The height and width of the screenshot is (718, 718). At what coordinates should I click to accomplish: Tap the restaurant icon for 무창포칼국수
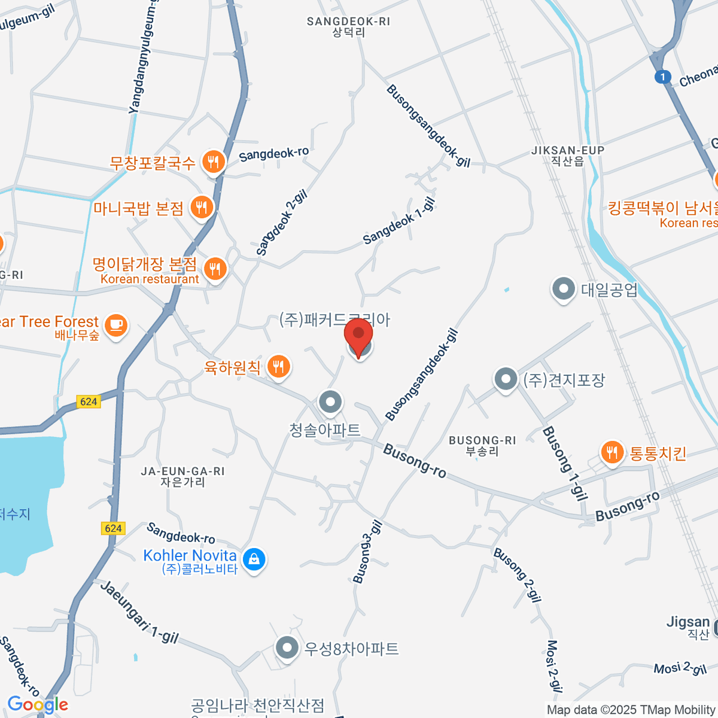coord(214,161)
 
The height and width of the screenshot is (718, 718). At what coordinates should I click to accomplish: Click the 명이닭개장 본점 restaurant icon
coord(215,269)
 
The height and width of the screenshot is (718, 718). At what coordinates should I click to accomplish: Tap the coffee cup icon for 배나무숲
coord(116,325)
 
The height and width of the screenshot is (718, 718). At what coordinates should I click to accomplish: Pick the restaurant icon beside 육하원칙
coord(278,366)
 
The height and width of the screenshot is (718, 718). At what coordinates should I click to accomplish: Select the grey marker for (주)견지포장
coord(506,379)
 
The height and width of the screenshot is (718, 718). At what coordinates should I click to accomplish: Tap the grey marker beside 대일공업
coord(563,290)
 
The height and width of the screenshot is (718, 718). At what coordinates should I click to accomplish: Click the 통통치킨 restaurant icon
coord(611,452)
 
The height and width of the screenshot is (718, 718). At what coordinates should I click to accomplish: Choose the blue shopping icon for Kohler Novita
coord(254,559)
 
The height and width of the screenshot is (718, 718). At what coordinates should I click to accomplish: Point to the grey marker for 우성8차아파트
coord(287,648)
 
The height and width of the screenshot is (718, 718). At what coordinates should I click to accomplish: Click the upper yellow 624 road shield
coord(89,401)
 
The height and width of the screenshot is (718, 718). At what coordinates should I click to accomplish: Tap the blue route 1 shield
coord(662,77)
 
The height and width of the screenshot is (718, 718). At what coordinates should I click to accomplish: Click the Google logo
coord(37,705)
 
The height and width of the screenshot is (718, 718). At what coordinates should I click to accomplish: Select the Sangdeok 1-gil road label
coord(399,221)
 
